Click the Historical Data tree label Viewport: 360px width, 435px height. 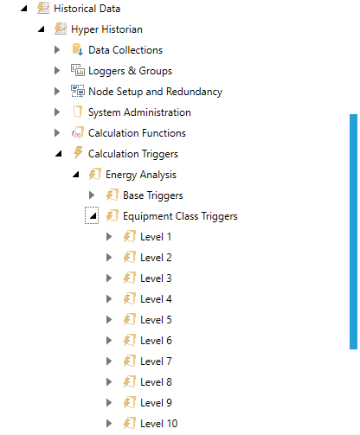87,9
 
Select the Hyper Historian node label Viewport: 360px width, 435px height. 106,29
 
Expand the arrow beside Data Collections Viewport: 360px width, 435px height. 57,50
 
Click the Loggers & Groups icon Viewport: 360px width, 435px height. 78,70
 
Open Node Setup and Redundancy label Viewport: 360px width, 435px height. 155,92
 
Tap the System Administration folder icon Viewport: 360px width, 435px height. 78,112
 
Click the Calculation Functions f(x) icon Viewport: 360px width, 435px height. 78,133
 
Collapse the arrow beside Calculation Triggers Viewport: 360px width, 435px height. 59,154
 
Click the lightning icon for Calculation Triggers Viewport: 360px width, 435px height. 78,152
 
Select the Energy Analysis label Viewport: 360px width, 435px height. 141,175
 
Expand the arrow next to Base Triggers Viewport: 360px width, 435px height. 92,195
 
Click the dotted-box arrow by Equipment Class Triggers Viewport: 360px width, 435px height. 92,215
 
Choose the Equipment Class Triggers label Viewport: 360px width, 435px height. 180,216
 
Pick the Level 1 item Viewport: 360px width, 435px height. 156,237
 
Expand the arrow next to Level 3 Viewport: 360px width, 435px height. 109,278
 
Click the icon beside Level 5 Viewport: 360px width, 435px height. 130,320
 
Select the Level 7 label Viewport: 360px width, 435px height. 156,361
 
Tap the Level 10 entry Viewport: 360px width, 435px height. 159,424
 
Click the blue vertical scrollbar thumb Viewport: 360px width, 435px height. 353,232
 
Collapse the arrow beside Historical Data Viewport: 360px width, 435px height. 24,9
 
